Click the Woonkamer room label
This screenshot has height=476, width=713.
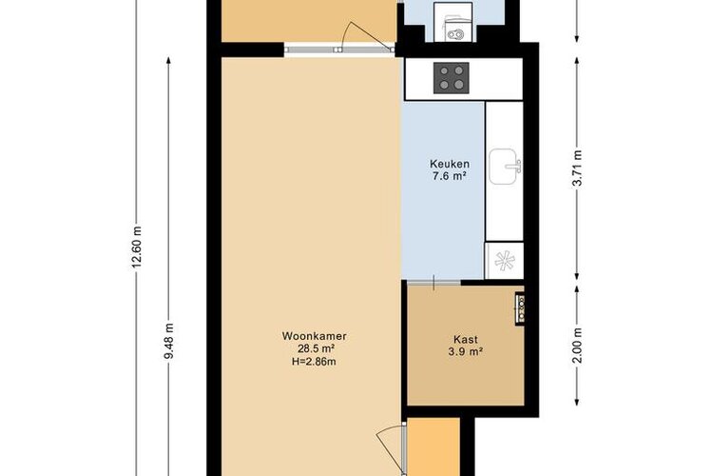click(x=315, y=336)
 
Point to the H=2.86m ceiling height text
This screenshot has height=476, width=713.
click(x=315, y=362)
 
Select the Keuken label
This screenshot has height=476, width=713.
click(x=450, y=164)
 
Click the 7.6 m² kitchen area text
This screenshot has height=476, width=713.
click(x=450, y=176)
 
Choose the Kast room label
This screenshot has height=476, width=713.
click(x=466, y=339)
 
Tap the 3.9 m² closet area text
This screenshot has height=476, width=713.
click(x=466, y=351)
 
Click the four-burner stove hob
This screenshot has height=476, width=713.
click(x=451, y=78)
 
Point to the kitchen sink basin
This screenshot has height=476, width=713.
click(x=505, y=167)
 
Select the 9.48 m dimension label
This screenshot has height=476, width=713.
click(x=168, y=341)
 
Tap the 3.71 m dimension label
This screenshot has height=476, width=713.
click(x=577, y=168)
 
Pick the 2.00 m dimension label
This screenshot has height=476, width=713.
click(x=577, y=346)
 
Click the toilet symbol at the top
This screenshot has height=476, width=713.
click(x=453, y=29)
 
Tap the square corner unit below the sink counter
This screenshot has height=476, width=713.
click(x=504, y=261)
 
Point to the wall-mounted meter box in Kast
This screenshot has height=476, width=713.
click(x=520, y=307)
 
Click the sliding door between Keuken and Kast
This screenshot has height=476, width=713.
click(x=434, y=283)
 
